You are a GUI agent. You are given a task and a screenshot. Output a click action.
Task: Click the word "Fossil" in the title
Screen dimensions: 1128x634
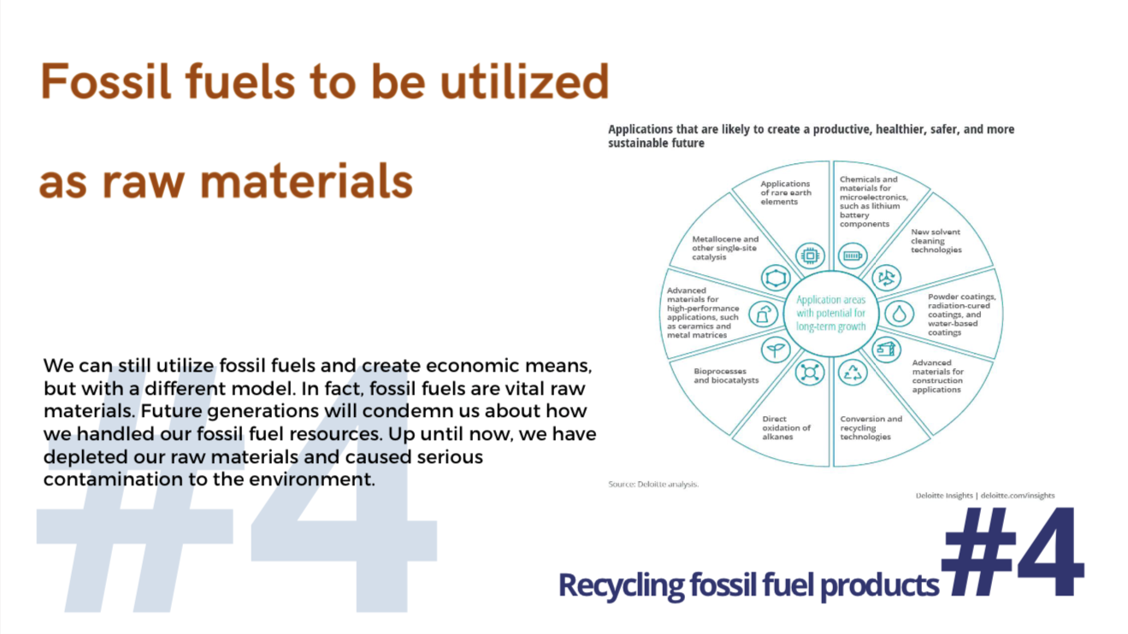pyautogui.click(x=106, y=81)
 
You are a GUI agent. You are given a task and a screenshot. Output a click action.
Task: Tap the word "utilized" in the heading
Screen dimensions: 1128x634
pyautogui.click(x=524, y=81)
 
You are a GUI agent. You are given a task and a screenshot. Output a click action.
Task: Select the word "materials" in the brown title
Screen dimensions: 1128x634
pyautogui.click(x=307, y=181)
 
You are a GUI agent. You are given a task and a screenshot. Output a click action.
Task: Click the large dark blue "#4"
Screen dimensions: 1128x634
pyautogui.click(x=1013, y=553)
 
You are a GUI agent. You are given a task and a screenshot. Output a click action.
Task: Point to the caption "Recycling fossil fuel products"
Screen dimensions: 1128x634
pyautogui.click(x=748, y=585)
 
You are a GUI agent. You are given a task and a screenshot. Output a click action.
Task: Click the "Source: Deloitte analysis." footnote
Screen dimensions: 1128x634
pyautogui.click(x=653, y=484)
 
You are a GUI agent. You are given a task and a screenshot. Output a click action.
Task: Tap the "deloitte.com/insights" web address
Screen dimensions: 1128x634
pyautogui.click(x=1017, y=496)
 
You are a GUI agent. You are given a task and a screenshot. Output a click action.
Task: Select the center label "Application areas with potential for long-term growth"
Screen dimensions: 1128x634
pyautogui.click(x=831, y=313)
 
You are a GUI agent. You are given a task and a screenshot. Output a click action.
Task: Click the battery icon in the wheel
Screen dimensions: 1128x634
pyautogui.click(x=852, y=256)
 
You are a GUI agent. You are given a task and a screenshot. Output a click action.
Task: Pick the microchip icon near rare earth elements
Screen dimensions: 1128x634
pyautogui.click(x=810, y=255)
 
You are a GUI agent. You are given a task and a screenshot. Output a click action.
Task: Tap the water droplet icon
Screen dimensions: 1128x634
pyautogui.click(x=899, y=314)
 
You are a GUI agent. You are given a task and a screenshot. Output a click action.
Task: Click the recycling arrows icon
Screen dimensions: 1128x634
pyautogui.click(x=853, y=373)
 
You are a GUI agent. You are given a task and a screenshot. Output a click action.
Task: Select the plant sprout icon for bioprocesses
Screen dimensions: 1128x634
pyautogui.click(x=776, y=349)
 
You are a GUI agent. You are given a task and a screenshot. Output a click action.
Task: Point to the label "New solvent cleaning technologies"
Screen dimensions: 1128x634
pyautogui.click(x=936, y=240)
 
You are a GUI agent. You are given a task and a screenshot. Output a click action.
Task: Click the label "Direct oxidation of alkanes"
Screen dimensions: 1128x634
pyautogui.click(x=786, y=428)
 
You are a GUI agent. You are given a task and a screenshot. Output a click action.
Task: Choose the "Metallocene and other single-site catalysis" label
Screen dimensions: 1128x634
pyautogui.click(x=724, y=248)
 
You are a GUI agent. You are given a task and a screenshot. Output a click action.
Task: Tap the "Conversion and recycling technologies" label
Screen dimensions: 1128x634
pyautogui.click(x=871, y=428)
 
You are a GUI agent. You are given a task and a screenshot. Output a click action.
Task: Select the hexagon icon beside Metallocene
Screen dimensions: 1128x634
pyautogui.click(x=776, y=278)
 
